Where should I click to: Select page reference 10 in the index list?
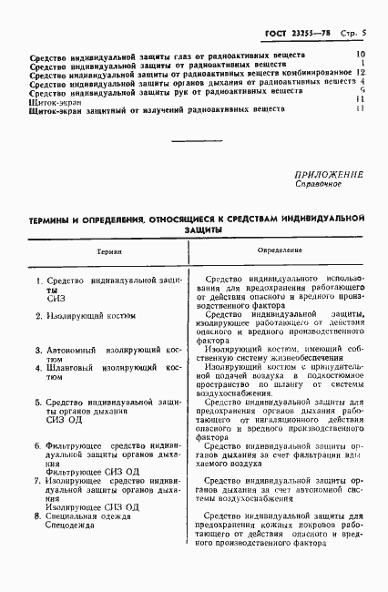360,55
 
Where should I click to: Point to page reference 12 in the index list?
361,72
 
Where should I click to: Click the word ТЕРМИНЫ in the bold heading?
55,220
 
